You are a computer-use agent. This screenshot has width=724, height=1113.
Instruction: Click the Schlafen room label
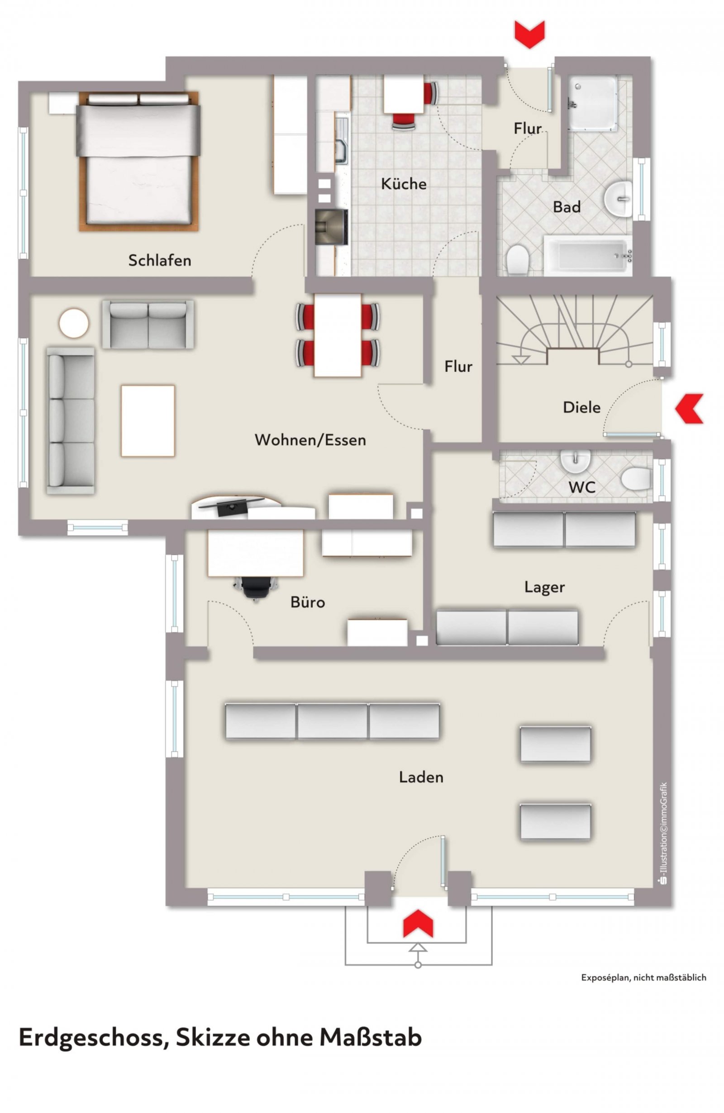click(x=159, y=260)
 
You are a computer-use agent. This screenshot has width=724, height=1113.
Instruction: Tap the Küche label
click(x=404, y=183)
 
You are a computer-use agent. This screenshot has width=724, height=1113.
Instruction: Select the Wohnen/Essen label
click(x=310, y=439)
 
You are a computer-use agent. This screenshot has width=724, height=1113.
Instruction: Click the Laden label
click(x=421, y=777)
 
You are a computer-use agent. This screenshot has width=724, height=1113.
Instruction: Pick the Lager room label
click(x=544, y=587)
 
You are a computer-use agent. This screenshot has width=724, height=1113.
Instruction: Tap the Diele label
click(x=581, y=407)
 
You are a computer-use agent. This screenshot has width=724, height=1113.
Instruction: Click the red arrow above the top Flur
click(x=530, y=34)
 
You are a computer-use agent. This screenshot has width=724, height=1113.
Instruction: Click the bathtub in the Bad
click(x=587, y=255)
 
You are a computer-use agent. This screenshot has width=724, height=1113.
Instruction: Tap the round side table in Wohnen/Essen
click(x=74, y=323)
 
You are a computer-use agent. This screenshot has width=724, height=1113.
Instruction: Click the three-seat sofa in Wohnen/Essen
click(x=71, y=420)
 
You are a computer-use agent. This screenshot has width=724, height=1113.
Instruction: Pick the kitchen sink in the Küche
click(x=342, y=140)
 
